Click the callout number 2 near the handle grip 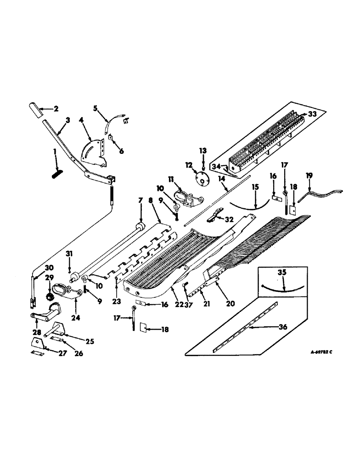click(56, 109)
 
